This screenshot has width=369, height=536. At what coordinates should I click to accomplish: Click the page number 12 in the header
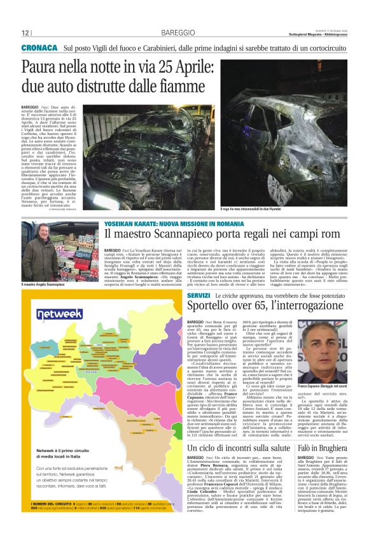(x=25, y=32)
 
